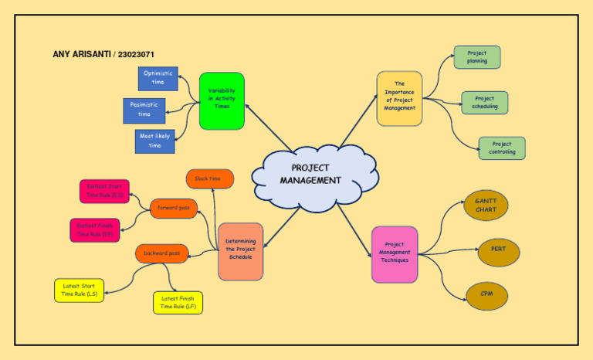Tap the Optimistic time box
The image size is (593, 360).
click(158, 78)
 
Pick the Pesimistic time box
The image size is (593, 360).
click(144, 110)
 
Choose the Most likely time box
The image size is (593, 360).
click(154, 141)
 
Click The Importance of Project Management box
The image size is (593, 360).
click(399, 98)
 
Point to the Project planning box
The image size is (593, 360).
click(477, 57)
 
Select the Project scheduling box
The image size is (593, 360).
click(485, 103)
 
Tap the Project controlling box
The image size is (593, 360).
click(502, 148)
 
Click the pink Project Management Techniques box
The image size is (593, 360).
click(395, 254)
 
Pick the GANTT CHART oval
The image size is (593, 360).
click(486, 205)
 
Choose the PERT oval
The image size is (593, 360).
click(499, 250)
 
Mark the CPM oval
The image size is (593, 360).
click(487, 294)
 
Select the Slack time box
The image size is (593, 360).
click(210, 179)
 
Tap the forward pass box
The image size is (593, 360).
click(174, 208)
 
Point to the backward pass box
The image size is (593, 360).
click(162, 253)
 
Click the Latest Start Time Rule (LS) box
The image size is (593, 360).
click(79, 290)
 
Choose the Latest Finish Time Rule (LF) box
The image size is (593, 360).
click(178, 303)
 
